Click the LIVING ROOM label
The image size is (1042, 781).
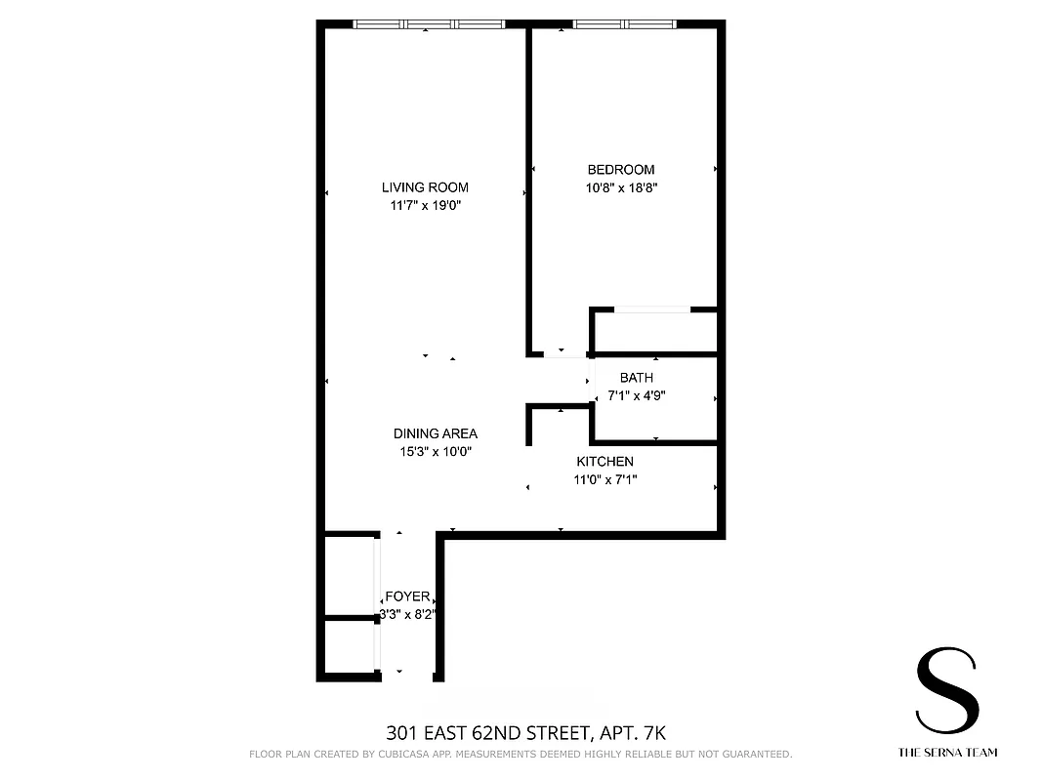click(425, 187)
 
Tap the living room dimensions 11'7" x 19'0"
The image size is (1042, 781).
click(425, 206)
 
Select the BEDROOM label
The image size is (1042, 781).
click(621, 170)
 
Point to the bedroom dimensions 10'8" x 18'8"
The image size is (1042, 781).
click(621, 188)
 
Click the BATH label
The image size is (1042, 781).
click(637, 378)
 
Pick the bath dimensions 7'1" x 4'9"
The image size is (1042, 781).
click(637, 396)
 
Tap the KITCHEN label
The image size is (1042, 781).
click(604, 462)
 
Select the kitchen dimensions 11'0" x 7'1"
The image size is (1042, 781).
click(604, 479)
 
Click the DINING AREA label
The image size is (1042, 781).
click(436, 433)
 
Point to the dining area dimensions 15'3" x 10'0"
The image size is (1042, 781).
click(436, 452)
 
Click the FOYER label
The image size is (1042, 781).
click(406, 596)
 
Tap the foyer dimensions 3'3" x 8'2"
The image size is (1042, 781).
click(406, 615)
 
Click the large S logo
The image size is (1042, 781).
click(946, 694)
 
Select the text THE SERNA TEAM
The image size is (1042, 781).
click(946, 753)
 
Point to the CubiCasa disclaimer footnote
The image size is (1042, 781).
click(521, 755)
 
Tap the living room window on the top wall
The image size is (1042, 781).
click(429, 24)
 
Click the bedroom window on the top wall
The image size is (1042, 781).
click(625, 24)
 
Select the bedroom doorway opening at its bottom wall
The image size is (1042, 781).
click(561, 352)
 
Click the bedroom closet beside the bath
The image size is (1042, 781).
click(654, 333)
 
